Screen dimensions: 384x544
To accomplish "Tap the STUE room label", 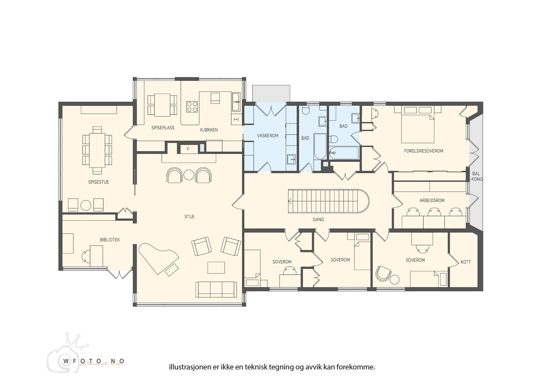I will [189, 217].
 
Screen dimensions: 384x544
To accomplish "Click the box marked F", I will [188, 149].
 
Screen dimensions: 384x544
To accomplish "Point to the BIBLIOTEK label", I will [110, 240].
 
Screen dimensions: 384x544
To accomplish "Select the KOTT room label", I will [466, 262].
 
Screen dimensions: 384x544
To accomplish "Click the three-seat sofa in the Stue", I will [216, 289].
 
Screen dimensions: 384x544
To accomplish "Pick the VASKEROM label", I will [268, 135].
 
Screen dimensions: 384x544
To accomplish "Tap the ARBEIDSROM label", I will [432, 200].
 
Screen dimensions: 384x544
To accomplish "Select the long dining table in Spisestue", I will [97, 150].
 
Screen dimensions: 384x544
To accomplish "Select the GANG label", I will [318, 219].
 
